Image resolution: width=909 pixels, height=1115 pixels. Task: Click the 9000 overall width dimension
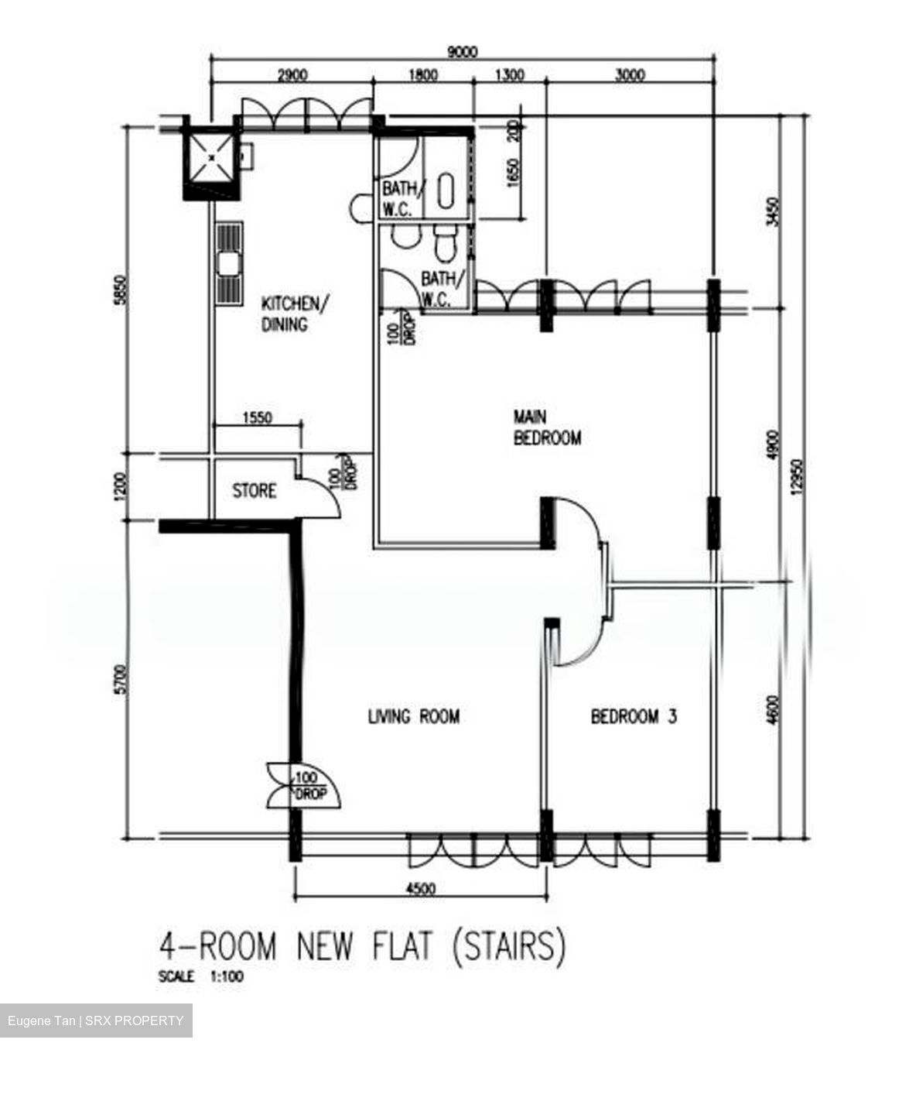462,52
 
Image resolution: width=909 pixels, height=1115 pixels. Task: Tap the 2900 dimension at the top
292,75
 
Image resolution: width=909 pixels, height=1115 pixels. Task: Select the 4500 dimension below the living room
420,888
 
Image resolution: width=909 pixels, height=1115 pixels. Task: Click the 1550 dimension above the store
257,417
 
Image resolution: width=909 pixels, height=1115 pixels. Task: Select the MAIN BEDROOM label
547,427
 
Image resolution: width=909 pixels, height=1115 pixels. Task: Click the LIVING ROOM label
413,716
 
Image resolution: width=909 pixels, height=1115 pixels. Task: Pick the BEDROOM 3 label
633,716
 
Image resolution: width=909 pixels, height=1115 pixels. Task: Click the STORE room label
254,491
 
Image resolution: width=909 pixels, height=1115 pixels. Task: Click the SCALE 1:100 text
200,977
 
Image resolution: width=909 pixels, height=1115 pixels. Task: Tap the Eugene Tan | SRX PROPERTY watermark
96,1021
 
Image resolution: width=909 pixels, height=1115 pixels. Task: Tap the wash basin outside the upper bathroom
360,207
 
